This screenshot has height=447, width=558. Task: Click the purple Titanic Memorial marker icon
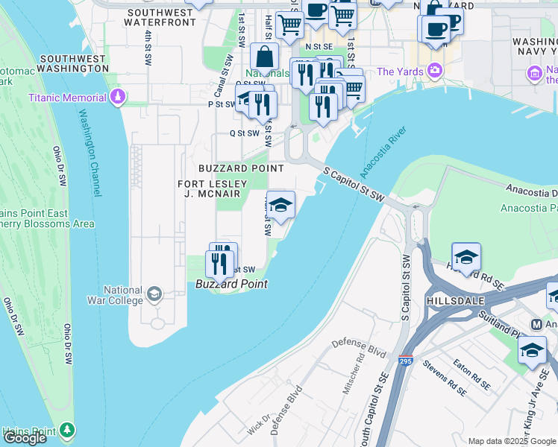[x=118, y=98]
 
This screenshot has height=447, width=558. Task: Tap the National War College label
[x=123, y=295]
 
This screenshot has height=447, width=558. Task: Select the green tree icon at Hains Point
[x=68, y=431]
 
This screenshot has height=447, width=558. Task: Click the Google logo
[x=25, y=438]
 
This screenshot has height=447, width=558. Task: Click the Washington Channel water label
[x=89, y=153]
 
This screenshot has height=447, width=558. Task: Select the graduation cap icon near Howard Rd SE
[x=466, y=258]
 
